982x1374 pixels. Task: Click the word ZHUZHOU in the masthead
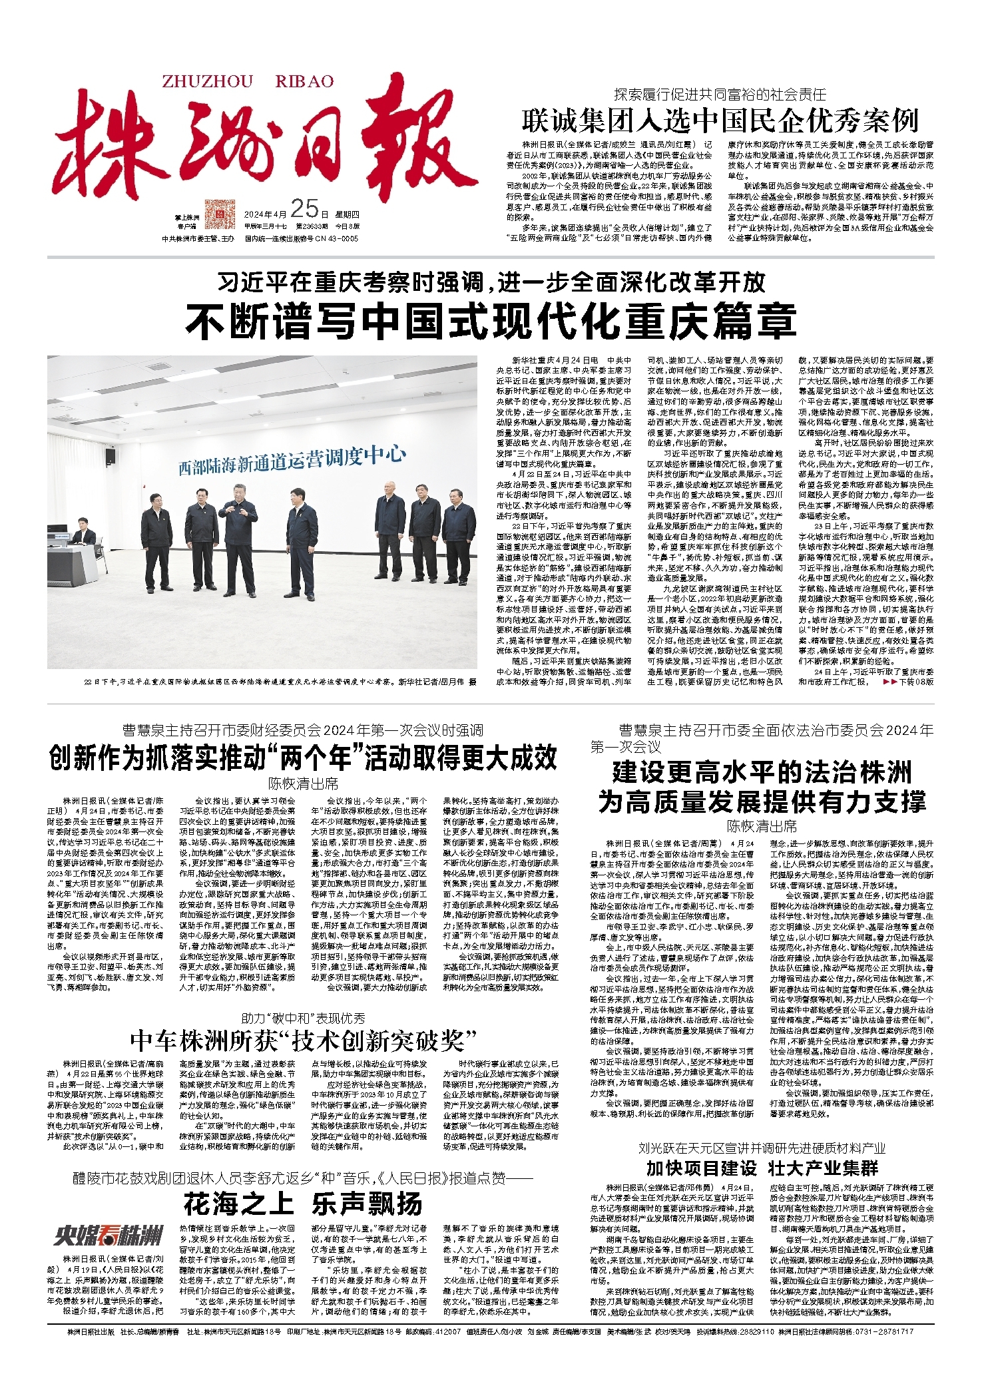[207, 81]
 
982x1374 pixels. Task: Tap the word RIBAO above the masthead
[304, 81]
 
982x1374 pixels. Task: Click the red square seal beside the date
[220, 214]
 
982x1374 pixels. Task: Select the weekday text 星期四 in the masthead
[347, 214]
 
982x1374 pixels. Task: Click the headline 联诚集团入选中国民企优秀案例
[720, 121]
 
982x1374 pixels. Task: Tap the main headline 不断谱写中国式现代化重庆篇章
[491, 320]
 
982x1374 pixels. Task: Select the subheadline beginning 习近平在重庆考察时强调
[491, 283]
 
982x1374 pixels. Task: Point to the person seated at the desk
[83, 531]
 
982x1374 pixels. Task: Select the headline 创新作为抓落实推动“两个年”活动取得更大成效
[303, 758]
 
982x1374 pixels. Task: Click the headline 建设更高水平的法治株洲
[762, 773]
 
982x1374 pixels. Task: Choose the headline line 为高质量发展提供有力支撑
[762, 801]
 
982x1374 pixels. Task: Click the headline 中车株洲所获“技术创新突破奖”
[304, 1040]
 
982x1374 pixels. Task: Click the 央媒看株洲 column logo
[109, 1236]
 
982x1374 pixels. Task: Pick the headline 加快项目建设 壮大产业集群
[762, 1168]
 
